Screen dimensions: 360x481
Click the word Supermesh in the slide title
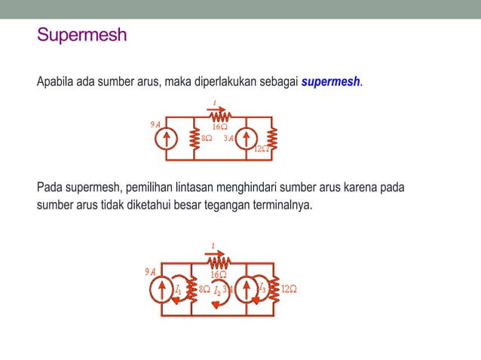point(82,35)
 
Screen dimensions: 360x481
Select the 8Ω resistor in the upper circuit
point(194,139)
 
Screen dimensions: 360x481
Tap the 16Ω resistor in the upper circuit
point(219,117)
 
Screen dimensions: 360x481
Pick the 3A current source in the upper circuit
point(247,139)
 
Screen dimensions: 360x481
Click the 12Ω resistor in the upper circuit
point(273,139)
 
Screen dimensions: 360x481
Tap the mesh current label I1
point(178,289)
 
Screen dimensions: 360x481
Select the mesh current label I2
point(217,290)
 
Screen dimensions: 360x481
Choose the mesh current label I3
point(261,287)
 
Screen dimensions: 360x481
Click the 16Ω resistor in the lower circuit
point(219,262)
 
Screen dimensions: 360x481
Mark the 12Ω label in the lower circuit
point(289,289)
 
